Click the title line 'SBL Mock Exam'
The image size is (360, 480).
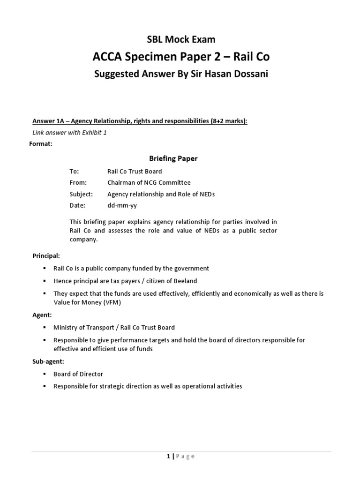(x=180, y=40)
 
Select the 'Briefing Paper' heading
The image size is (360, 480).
(x=173, y=158)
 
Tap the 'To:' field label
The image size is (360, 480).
(x=75, y=172)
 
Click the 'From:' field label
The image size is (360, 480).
(x=78, y=183)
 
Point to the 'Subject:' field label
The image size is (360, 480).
(x=81, y=194)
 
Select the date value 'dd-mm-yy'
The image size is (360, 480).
(x=122, y=205)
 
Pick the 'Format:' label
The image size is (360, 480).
(x=41, y=144)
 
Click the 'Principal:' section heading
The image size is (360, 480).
(x=46, y=256)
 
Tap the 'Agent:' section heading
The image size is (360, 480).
(x=42, y=315)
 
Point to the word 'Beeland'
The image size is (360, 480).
(x=186, y=281)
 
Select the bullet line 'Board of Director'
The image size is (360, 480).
(x=78, y=374)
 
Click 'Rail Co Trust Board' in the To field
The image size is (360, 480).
(x=135, y=172)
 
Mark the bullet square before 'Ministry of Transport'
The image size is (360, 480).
(x=45, y=328)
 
